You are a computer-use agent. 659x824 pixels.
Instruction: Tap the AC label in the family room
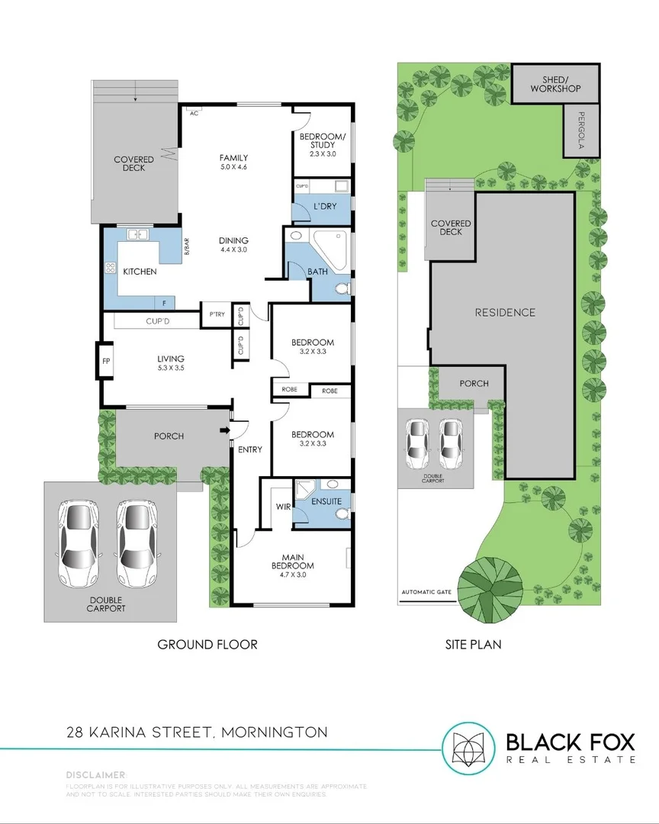pyautogui.click(x=194, y=113)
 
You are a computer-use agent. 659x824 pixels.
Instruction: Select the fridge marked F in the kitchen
pyautogui.click(x=165, y=302)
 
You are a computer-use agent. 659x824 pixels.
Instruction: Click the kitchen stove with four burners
pyautogui.click(x=111, y=268)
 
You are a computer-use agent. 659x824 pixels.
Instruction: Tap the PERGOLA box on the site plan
pyautogui.click(x=581, y=130)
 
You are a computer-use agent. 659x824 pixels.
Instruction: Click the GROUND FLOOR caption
pyautogui.click(x=207, y=645)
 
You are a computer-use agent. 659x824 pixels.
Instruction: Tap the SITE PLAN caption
pyautogui.click(x=473, y=645)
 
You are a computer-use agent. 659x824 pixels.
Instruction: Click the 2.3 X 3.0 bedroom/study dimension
pyautogui.click(x=322, y=153)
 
